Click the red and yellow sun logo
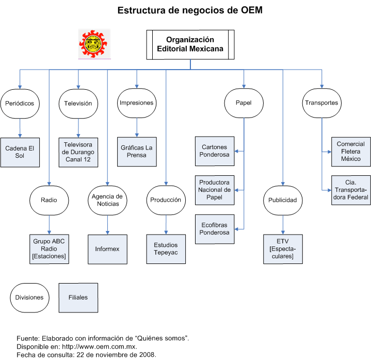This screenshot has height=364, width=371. (95, 44)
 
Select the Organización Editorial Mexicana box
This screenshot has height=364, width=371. (190, 44)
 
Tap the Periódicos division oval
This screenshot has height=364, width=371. (20, 103)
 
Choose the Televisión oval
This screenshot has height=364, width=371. (78, 103)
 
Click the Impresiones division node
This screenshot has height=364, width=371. (136, 103)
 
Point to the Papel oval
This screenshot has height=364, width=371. (244, 103)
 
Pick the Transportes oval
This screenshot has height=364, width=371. (321, 103)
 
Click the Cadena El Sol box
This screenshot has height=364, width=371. (20, 152)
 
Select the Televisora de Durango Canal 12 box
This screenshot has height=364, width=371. (78, 152)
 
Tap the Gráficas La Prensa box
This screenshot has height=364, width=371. (137, 152)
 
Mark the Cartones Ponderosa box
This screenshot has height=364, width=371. (215, 151)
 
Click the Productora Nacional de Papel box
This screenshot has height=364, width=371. (215, 190)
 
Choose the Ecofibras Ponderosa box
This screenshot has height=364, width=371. (215, 229)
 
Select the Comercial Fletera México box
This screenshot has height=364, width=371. (351, 152)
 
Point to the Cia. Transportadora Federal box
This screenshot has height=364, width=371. (351, 190)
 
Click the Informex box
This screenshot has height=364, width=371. (107, 249)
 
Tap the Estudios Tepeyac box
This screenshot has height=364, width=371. (166, 249)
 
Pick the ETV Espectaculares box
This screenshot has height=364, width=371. (282, 249)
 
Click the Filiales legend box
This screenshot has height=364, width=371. (78, 297)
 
